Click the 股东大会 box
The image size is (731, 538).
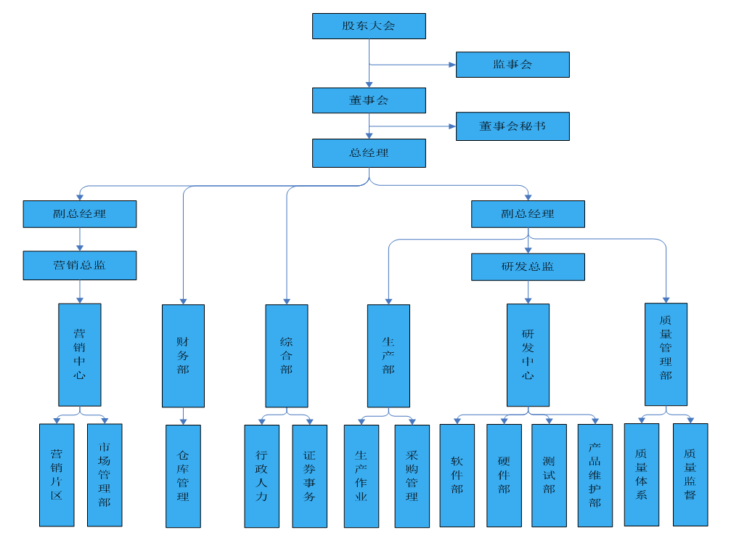(369, 26)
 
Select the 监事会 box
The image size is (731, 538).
(512, 65)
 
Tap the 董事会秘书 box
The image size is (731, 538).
(512, 126)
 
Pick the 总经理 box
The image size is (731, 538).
(369, 153)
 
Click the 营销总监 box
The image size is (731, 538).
(80, 266)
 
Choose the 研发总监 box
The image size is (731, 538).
(528, 266)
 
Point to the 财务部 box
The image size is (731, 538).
(183, 356)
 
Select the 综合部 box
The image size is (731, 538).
(287, 356)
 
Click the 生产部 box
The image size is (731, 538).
(388, 356)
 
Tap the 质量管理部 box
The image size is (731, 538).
(666, 354)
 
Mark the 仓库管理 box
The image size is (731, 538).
(183, 476)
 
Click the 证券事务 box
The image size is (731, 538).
(310, 476)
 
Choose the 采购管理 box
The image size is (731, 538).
(412, 476)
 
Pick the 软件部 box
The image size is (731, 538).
(457, 476)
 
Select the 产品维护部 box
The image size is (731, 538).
(595, 476)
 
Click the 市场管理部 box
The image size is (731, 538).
(105, 475)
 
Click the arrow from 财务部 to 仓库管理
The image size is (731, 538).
(183, 416)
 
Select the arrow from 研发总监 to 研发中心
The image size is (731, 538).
(528, 292)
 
